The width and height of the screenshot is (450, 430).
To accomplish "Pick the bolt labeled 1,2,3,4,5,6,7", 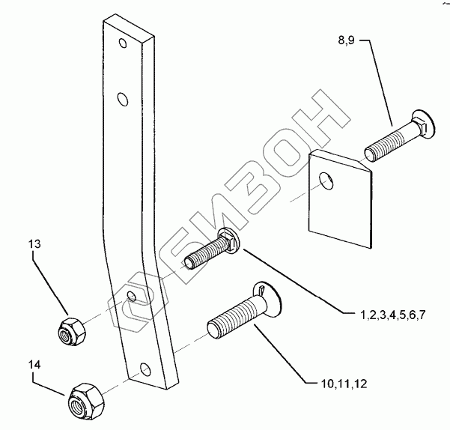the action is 218,250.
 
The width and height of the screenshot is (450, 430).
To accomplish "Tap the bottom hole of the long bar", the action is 145,368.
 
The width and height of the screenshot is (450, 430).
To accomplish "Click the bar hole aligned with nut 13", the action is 133,297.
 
